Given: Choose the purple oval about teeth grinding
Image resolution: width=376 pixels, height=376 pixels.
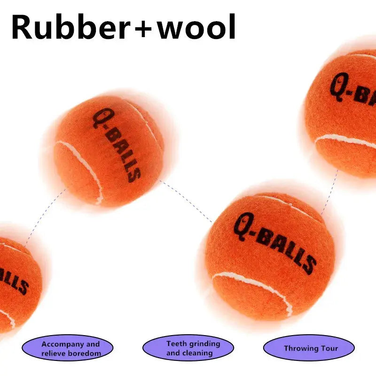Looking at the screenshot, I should (188, 349).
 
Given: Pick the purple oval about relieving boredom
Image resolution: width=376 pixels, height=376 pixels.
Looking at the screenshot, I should (68, 349).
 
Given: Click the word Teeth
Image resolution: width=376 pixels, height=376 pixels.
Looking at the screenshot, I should (176, 344).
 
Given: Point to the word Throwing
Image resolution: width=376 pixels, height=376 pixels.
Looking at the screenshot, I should (300, 349).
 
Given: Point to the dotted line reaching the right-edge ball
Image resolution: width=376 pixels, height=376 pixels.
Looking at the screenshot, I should (330, 193).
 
